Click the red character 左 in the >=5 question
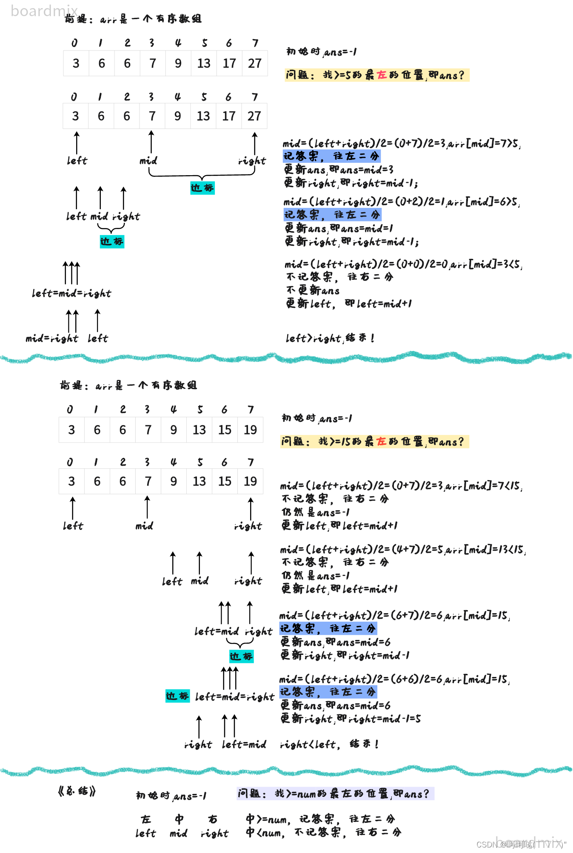382,75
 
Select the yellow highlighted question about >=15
374,442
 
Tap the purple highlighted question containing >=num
335,793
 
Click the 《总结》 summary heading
77,791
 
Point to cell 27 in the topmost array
255,63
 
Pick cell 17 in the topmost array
229,63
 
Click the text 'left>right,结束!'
330,338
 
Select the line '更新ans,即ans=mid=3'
339,170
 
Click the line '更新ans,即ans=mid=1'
339,229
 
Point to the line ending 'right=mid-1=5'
351,719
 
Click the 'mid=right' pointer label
51,338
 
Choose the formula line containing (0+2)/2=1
402,202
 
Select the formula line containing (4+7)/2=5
402,550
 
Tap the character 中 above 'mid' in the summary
179,819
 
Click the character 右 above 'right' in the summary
213,819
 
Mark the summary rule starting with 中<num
323,832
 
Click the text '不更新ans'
313,290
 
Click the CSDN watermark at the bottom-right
521,844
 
